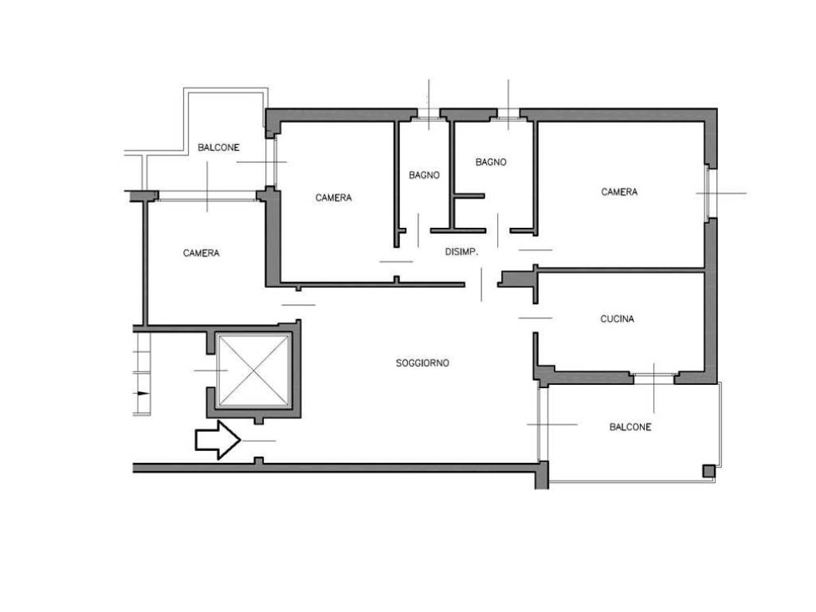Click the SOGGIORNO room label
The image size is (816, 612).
point(422,363)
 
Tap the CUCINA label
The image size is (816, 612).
point(618,319)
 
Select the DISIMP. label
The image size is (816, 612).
point(461,252)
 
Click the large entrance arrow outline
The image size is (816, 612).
point(218,440)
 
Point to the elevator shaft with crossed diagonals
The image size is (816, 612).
point(253,370)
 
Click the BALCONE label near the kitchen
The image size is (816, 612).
point(630,427)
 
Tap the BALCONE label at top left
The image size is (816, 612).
point(218,147)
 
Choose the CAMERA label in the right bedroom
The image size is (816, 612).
point(619,192)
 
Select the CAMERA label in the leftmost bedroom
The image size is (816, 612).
point(202,253)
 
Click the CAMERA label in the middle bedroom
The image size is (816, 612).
point(334,198)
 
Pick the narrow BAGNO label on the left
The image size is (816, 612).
point(424,175)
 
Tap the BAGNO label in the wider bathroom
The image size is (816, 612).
point(491,163)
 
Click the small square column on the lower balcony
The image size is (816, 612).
point(708,471)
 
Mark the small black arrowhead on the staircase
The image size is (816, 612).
point(143,394)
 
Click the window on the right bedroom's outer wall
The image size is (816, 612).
point(710,193)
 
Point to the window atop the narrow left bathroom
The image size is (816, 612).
point(429,116)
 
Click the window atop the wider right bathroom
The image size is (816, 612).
point(508,116)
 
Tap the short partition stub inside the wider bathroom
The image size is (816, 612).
point(469,196)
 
